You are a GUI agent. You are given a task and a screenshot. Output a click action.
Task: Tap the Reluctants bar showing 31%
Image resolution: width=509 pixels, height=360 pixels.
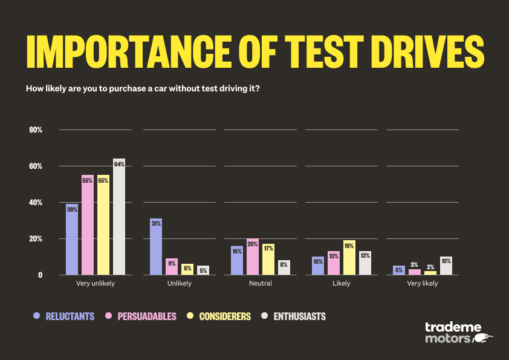[155, 246]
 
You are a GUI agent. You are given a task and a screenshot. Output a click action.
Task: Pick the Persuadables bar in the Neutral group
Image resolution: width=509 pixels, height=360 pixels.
[252, 257]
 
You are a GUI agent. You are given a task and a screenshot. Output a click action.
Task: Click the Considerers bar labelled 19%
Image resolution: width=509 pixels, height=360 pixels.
[349, 257]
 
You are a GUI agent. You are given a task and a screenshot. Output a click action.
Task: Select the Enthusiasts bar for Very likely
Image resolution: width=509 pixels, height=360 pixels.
[446, 266]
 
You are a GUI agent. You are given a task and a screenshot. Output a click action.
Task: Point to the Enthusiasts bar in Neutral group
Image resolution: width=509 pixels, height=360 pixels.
[284, 267]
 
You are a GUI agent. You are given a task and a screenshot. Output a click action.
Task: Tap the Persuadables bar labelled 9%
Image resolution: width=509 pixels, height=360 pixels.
[171, 266]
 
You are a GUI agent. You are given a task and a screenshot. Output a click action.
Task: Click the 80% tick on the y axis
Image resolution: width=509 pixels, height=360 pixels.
[36, 130]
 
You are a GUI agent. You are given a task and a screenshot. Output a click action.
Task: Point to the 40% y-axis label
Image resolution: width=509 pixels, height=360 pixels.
[36, 203]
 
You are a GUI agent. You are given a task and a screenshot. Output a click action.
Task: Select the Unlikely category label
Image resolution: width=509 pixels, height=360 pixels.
[179, 283]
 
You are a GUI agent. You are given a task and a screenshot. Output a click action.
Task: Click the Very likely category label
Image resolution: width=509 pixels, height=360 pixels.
[422, 283]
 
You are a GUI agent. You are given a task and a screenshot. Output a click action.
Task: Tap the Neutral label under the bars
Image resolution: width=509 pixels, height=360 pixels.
[261, 283]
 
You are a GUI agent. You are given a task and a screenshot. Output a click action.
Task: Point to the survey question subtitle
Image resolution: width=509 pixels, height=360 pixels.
[143, 88]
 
